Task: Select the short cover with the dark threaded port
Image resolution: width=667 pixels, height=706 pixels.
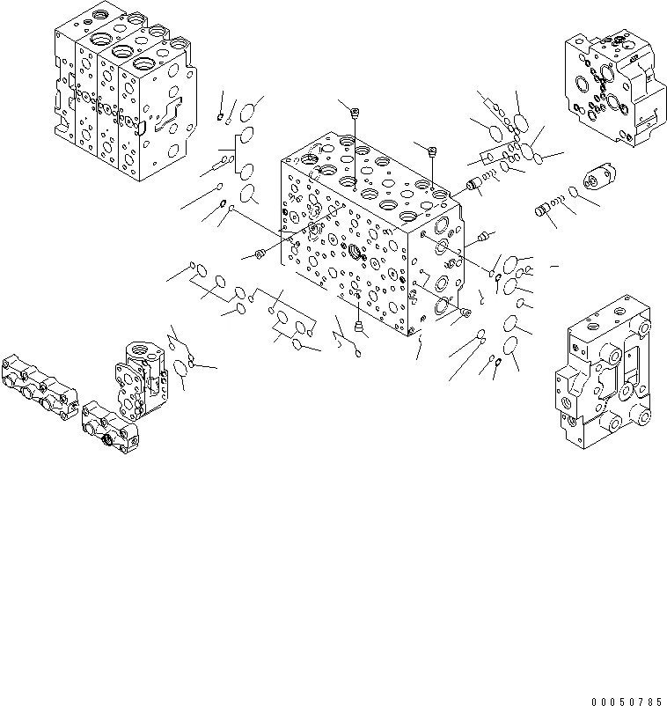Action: pyautogui.click(x=110, y=426)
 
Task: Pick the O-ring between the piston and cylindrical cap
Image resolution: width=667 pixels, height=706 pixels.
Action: pyautogui.click(x=573, y=193)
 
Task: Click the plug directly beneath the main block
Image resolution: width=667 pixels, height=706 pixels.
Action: pyautogui.click(x=358, y=328)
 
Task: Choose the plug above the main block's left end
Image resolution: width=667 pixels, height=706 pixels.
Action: pyautogui.click(x=354, y=111)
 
